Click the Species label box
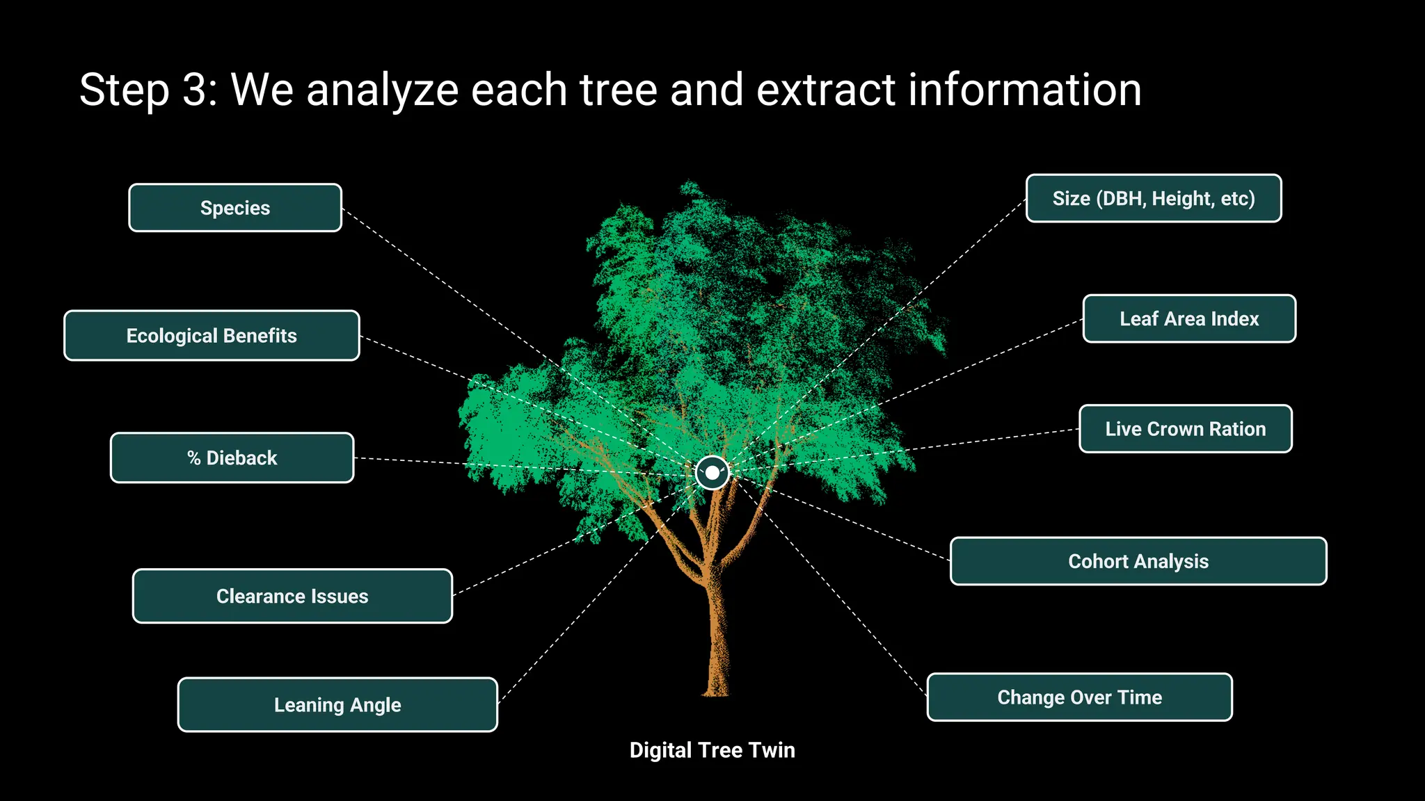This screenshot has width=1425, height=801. coord(235,208)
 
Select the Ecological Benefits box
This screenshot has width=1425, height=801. coord(212,336)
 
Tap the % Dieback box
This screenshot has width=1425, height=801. coord(232,458)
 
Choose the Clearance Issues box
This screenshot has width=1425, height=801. coord(292,597)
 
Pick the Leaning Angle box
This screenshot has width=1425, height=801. coord(337,705)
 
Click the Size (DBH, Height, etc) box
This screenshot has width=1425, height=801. coord(1154,199)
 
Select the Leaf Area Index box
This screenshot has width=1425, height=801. coord(1189,319)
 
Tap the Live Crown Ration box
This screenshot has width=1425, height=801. coord(1185,429)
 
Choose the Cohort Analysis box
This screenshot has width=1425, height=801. coord(1138,561)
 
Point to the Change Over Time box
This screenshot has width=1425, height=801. coord(1079,697)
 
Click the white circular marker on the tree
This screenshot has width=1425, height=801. coord(712,473)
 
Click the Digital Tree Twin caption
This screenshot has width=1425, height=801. coord(712,750)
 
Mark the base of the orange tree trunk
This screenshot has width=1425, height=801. coord(715,690)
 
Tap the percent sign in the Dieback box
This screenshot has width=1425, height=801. coord(193,458)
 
